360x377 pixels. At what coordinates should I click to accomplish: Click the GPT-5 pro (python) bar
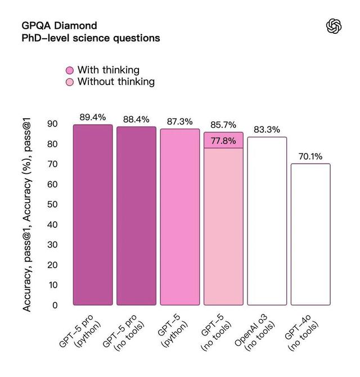click(93, 215)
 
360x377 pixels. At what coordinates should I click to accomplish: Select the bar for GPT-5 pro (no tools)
click(136, 216)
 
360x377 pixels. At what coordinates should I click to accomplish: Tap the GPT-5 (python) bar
click(180, 217)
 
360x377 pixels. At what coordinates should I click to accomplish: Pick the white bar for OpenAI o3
click(267, 221)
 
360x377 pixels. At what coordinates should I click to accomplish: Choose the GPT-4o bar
click(310, 235)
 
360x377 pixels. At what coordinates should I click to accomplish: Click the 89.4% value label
click(93, 117)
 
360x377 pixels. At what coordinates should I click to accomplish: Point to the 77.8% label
click(223, 141)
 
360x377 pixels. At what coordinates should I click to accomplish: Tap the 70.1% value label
click(310, 156)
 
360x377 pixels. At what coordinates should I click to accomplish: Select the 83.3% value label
click(267, 130)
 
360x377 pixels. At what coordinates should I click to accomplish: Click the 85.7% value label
click(223, 125)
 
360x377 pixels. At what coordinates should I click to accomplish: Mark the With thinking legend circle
click(70, 70)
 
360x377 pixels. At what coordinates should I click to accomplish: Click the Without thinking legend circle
click(70, 82)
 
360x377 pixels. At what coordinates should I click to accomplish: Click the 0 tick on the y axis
click(55, 306)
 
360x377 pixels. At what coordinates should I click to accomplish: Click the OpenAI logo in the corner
click(334, 26)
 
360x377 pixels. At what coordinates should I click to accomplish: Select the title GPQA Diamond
click(59, 26)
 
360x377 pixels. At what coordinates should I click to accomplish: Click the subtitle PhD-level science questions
click(91, 38)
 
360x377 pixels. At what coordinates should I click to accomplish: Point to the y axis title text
click(27, 214)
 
